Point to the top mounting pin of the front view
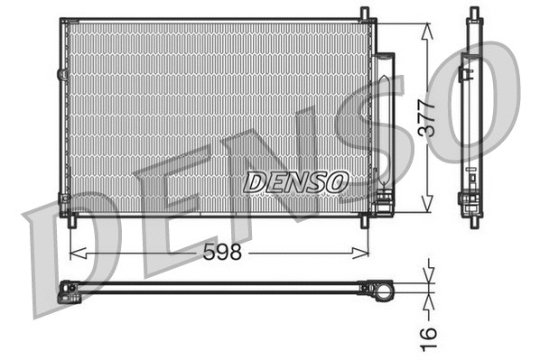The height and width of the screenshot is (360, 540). tap(364, 14)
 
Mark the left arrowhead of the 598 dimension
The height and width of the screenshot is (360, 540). tap(74, 254)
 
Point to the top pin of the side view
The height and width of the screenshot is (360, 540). tap(473, 14)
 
